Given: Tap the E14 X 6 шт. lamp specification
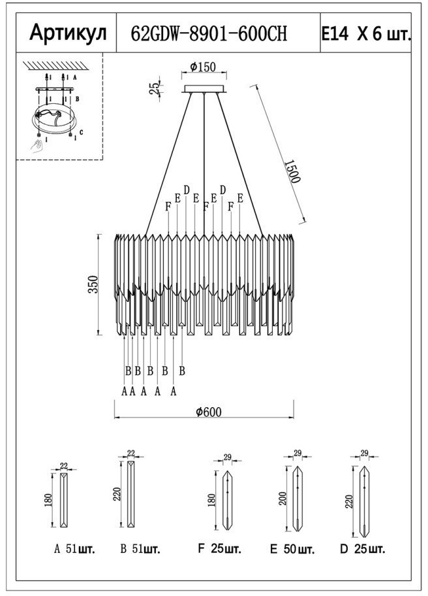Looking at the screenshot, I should tap(366, 34).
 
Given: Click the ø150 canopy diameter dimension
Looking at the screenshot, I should tap(203, 67).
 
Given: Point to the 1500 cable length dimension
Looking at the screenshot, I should tap(293, 171).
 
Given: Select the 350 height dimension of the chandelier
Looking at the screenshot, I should tap(93, 284).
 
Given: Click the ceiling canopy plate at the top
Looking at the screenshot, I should tap(204, 89).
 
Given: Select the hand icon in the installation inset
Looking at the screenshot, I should tap(38, 144).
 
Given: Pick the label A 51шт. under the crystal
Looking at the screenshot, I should tap(74, 550).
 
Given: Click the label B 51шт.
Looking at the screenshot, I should tap(140, 550).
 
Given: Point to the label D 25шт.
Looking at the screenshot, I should tap(363, 549).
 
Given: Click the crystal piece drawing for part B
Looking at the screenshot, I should tap(132, 494).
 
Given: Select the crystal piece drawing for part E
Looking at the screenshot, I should tap(298, 499).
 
